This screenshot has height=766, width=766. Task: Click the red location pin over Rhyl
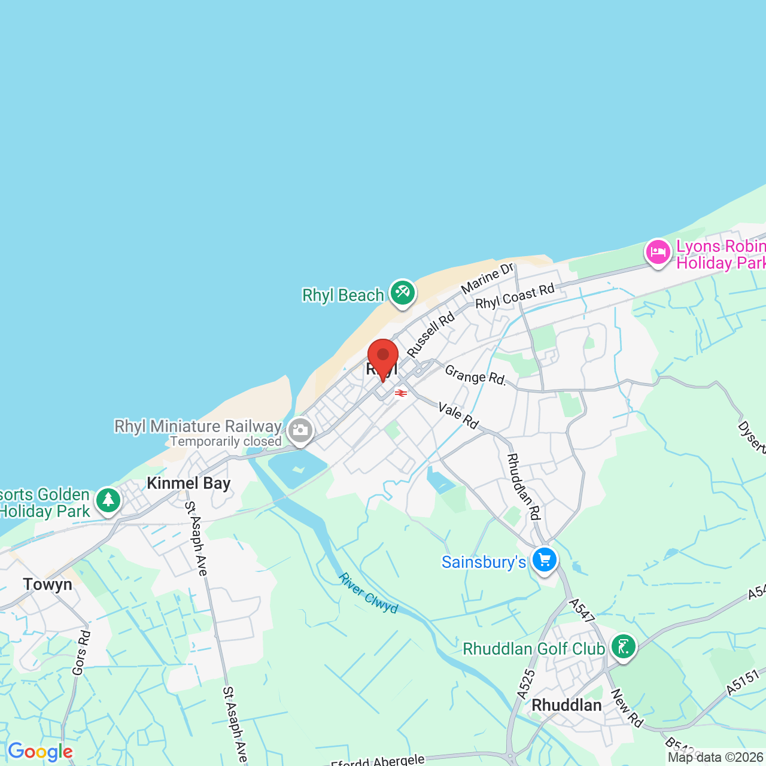tap(382, 357)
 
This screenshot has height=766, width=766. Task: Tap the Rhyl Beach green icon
tap(403, 293)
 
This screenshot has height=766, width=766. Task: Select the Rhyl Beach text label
tap(343, 295)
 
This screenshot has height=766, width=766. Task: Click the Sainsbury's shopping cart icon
tap(544, 561)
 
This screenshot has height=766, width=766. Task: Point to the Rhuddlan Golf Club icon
tap(624, 647)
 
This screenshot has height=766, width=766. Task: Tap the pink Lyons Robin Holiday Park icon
tap(658, 252)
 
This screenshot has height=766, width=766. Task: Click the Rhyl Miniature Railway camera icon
tap(300, 430)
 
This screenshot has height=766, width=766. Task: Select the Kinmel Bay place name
tap(189, 484)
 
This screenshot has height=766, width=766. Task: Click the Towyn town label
tap(48, 584)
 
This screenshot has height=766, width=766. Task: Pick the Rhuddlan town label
tap(567, 705)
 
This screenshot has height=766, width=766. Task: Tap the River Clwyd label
tap(368, 593)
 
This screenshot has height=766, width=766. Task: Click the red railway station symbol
tap(401, 393)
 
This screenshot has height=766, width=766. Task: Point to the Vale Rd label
tap(458, 415)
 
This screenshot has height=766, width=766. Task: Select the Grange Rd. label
tap(475, 376)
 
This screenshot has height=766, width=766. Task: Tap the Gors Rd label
tap(81, 652)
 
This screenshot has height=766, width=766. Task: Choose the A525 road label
tap(526, 684)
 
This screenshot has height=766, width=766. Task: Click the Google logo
tap(40, 752)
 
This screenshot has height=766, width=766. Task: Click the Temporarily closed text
tap(226, 442)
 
